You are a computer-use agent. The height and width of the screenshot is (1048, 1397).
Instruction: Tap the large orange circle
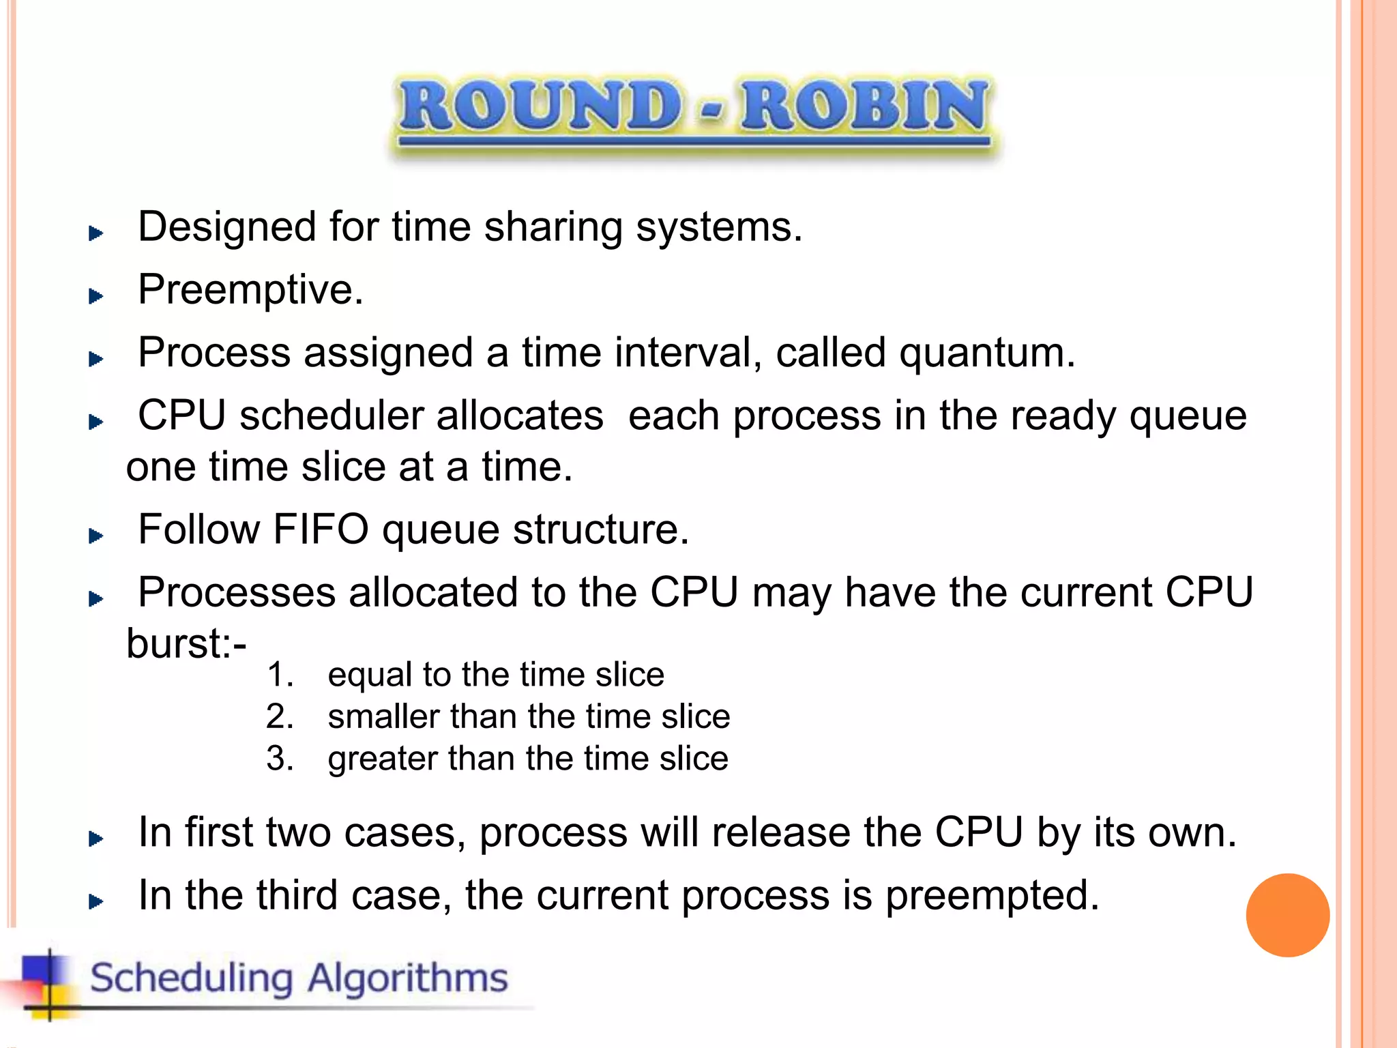(1287, 915)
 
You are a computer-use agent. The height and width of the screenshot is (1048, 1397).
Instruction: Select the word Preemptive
(250, 290)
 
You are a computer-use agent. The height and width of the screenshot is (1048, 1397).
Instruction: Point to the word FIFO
(321, 529)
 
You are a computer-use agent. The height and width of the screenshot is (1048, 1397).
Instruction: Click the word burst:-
(186, 643)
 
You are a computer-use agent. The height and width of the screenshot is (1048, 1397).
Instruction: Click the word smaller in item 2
(383, 717)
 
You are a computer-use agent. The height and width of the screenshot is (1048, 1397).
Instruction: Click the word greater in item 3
(382, 759)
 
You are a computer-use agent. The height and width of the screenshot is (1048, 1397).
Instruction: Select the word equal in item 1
(369, 675)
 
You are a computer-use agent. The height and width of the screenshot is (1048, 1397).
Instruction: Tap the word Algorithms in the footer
(407, 978)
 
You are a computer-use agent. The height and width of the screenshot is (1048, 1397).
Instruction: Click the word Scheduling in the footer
(192, 978)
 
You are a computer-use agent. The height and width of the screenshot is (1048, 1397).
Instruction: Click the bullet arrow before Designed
(96, 234)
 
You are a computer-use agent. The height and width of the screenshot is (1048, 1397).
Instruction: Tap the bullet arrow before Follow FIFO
(96, 536)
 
